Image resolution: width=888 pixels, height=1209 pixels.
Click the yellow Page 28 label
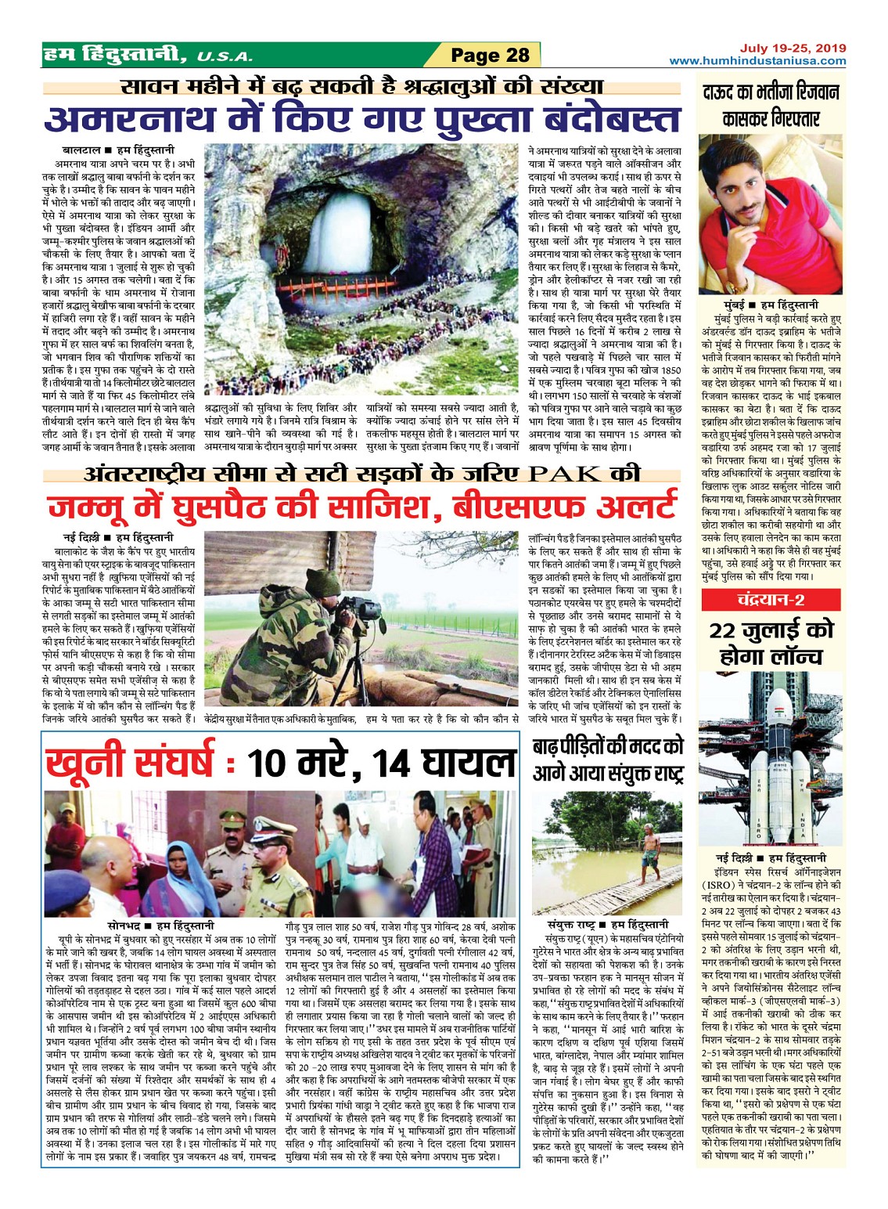coord(491,55)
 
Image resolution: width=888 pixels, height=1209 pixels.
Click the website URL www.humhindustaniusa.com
coord(757,61)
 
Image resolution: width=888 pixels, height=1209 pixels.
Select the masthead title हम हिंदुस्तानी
coord(115,55)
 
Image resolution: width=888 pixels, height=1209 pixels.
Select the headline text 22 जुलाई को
coord(770,631)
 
